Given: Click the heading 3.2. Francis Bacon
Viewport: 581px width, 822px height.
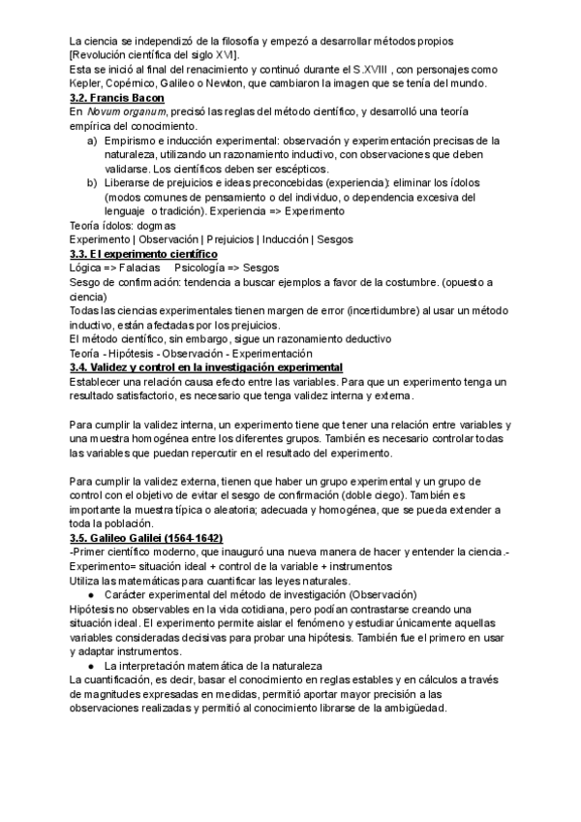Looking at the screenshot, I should [117, 98].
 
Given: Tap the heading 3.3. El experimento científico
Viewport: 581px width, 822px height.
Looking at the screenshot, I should [143, 252].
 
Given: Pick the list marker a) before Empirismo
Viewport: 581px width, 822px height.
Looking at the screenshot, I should [91, 141].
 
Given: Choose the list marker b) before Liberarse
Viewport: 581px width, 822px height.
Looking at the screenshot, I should [91, 182].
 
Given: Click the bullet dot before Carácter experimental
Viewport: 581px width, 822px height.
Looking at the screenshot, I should [90, 594].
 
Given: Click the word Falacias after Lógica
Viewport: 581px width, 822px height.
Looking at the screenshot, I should [139, 267].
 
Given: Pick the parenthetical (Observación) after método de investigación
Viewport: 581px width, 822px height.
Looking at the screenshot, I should [382, 594].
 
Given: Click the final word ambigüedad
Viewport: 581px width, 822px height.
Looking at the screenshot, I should [414, 709].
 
